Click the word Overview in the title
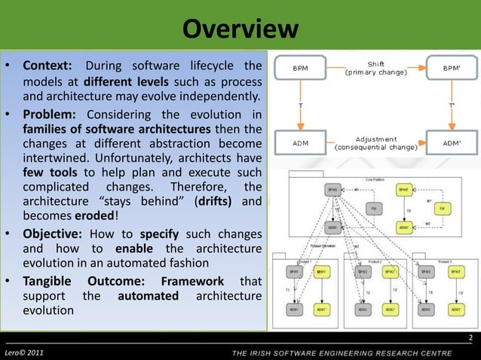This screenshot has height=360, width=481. (x=240, y=29)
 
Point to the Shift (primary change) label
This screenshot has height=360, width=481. (x=375, y=69)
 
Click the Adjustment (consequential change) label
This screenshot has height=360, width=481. (x=375, y=141)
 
